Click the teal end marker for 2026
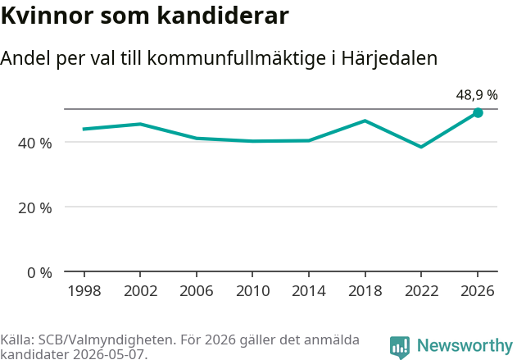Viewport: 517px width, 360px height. tap(478, 113)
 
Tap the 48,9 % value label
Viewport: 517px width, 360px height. tap(477, 95)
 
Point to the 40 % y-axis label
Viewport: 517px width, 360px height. tap(35, 144)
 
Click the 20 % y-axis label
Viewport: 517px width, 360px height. tap(35, 208)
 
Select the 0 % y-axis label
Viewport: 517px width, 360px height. tap(39, 273)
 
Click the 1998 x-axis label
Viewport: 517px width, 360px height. tap(84, 291)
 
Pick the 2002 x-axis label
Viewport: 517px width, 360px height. tap(140, 291)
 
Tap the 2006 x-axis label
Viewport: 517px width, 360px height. tap(197, 291)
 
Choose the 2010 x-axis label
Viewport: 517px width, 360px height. tap(253, 291)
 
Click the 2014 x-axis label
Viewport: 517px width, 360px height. tap(309, 291)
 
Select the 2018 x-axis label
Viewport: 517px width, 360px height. tap(365, 291)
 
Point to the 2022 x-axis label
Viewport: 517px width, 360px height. tap(421, 291)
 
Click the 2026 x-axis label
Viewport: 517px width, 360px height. tap(478, 291)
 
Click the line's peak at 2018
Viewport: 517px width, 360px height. tap(365, 121)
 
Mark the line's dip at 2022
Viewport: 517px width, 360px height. tap(421, 147)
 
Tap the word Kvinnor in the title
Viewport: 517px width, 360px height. tap(48, 16)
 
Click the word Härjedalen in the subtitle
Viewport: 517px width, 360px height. tap(389, 58)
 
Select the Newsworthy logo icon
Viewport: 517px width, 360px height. tap(400, 348)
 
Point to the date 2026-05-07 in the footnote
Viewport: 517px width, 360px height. tap(110, 354)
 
